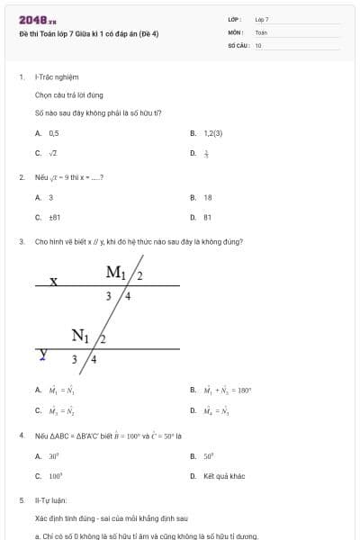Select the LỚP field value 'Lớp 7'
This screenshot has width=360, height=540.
(x=262, y=19)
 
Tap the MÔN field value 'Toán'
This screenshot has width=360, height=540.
(x=261, y=31)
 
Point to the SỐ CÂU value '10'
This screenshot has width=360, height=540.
(x=258, y=44)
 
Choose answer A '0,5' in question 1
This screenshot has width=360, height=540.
(x=53, y=132)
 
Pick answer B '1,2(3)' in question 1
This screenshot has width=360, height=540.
(x=212, y=132)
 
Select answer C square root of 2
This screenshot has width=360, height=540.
(x=53, y=153)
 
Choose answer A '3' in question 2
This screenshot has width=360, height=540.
(x=50, y=196)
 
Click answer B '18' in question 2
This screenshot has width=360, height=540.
(x=208, y=196)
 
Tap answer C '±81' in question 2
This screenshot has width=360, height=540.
(x=54, y=217)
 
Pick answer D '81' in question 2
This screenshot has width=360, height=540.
(x=208, y=217)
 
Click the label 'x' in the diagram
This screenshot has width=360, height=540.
(x=54, y=281)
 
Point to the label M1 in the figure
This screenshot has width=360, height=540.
(x=117, y=273)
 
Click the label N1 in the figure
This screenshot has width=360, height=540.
(x=82, y=337)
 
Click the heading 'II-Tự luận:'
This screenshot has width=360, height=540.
(x=50, y=499)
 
